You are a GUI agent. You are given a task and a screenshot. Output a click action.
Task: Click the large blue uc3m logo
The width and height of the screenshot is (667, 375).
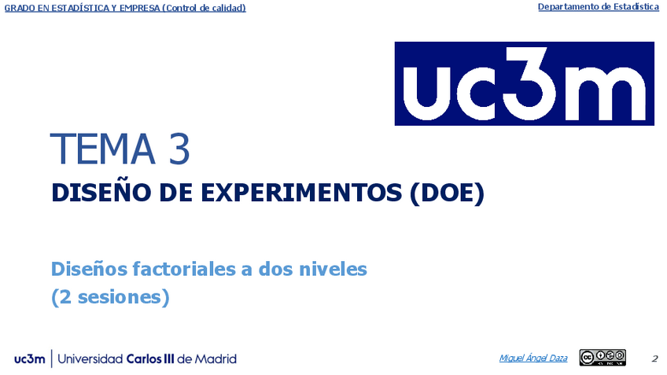tap(524, 83)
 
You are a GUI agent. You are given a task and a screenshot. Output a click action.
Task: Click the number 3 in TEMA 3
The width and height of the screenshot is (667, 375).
tap(179, 149)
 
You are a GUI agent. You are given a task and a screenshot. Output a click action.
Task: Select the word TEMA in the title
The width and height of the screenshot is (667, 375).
tap(102, 149)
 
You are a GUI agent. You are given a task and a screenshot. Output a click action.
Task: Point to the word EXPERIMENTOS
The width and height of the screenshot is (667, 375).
tap(300, 193)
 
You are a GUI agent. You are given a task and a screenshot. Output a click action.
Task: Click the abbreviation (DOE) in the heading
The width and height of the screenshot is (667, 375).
tap(447, 193)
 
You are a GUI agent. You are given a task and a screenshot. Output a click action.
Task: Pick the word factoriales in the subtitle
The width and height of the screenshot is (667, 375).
tap(184, 269)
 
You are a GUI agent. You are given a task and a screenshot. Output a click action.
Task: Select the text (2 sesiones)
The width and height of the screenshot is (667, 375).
tap(110, 296)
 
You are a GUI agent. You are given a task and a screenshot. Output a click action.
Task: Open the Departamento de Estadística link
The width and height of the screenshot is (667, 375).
tap(598, 7)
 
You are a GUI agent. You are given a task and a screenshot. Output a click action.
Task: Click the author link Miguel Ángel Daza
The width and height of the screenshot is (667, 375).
tap(533, 358)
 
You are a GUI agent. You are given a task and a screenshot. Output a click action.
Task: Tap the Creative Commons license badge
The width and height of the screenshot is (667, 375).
tap(603, 358)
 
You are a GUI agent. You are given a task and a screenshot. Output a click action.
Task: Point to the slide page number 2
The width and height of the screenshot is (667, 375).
tap(654, 358)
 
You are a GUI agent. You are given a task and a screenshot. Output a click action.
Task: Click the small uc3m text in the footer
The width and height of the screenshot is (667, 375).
tap(29, 359)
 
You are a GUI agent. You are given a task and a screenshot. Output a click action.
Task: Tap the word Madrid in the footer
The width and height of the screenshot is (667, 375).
tap(216, 358)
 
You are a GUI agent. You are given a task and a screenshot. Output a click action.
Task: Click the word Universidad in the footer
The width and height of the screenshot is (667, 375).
tap(90, 358)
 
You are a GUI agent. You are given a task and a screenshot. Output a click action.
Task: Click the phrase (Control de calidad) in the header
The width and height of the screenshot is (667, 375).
tap(204, 8)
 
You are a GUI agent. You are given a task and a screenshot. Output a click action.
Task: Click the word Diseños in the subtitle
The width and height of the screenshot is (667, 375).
tap(90, 269)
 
